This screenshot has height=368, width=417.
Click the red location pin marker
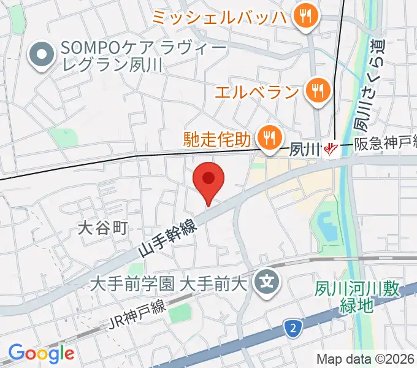pyautogui.click(x=208, y=180)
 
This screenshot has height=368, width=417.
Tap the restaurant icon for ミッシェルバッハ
pyautogui.click(x=304, y=17)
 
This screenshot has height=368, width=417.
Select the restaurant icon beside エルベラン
pyautogui.click(x=318, y=92)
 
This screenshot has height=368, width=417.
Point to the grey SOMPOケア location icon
pyautogui.click(x=42, y=55)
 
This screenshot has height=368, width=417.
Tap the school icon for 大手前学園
pyautogui.click(x=267, y=283)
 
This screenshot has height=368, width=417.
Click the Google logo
pyautogui.click(x=41, y=353)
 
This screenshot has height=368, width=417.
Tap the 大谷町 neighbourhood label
pyautogui.click(x=102, y=229)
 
